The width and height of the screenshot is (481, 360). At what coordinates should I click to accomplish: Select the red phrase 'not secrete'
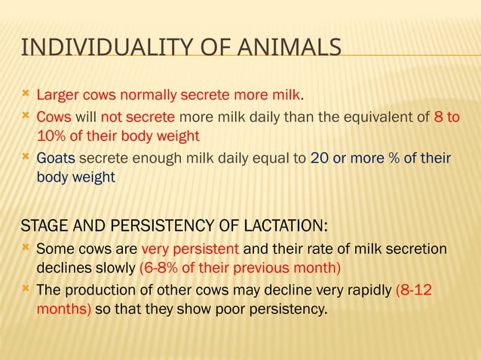click(x=138, y=117)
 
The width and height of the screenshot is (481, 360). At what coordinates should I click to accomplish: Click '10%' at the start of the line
click(x=51, y=136)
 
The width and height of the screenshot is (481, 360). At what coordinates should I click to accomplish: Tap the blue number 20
click(x=319, y=159)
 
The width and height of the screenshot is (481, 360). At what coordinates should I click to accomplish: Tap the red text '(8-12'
click(x=413, y=290)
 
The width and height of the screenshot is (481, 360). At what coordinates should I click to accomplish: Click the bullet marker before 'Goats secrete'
click(x=26, y=158)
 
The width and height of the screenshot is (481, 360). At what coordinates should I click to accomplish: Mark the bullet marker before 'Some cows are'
click(x=26, y=248)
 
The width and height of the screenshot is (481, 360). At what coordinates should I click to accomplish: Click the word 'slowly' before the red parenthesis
click(x=113, y=267)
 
